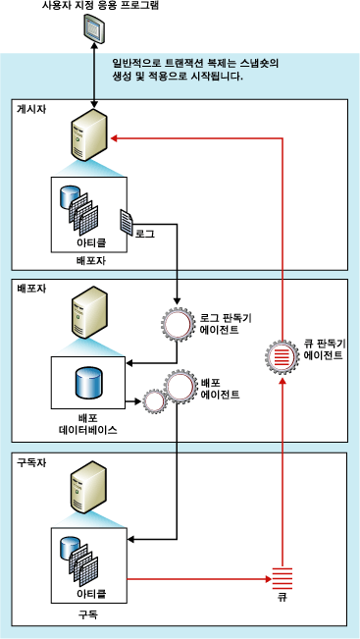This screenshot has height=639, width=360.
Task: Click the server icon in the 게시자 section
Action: click(x=88, y=139)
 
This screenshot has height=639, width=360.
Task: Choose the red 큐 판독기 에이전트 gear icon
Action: click(x=282, y=355)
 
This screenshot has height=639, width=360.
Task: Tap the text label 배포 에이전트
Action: click(x=221, y=387)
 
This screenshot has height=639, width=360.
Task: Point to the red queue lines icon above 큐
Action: click(x=282, y=580)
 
